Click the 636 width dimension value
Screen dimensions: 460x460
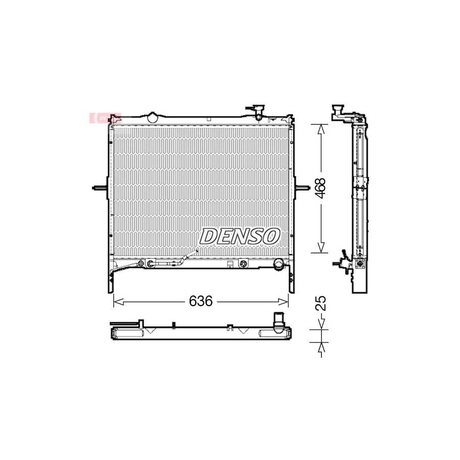[200, 302]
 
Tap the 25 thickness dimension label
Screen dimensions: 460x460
[321, 303]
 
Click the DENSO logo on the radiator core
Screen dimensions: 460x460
[240, 236]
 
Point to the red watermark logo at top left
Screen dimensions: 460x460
[104, 118]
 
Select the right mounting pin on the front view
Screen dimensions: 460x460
[303, 190]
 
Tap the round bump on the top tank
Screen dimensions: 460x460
[152, 116]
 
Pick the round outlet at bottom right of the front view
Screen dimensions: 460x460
[279, 264]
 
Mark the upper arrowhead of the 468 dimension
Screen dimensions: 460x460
[320, 128]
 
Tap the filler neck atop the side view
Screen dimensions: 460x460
[338, 111]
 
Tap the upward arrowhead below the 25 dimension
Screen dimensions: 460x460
[320, 347]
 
